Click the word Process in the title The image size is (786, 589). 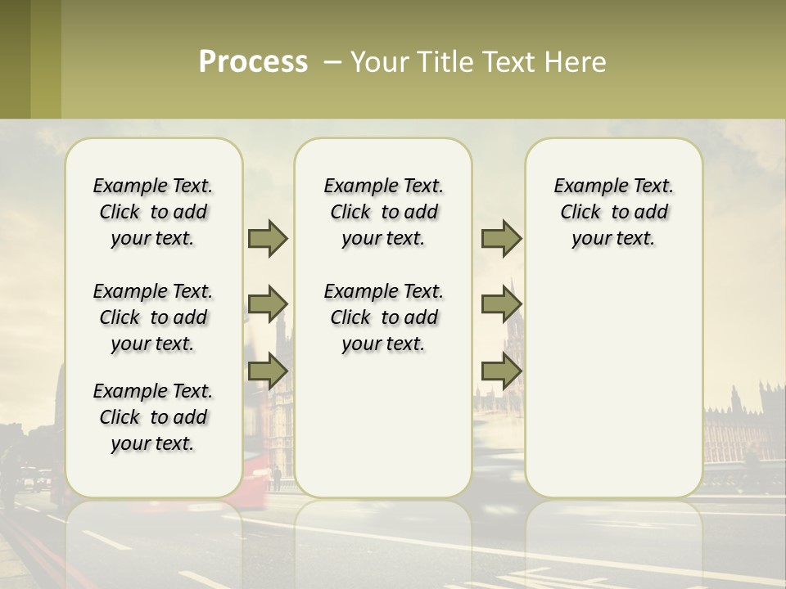[x=253, y=62]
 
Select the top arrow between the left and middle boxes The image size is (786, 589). [x=268, y=238]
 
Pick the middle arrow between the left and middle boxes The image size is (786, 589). [x=268, y=304]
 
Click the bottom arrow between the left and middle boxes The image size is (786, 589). [x=268, y=371]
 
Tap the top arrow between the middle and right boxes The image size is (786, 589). [x=501, y=238]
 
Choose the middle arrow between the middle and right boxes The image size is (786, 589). [x=501, y=304]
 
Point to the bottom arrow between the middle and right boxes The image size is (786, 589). [x=501, y=371]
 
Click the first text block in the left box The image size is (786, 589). [x=153, y=212]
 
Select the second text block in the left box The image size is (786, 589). [x=153, y=317]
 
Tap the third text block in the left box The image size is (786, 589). [x=153, y=417]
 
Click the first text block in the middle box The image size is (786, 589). [x=383, y=212]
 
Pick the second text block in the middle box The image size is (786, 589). [x=383, y=317]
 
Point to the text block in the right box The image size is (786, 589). [x=613, y=212]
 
